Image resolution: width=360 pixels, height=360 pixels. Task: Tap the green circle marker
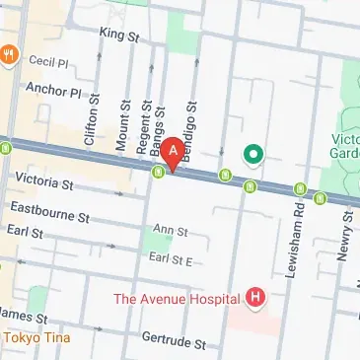(x=253, y=154)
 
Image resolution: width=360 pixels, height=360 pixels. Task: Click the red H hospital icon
(x=256, y=297)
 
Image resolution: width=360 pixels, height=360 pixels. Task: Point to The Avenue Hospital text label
(x=176, y=298)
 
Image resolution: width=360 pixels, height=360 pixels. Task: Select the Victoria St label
(x=45, y=182)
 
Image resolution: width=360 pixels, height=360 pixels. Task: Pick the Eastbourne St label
(x=49, y=210)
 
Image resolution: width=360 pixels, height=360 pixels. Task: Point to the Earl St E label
(x=169, y=258)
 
